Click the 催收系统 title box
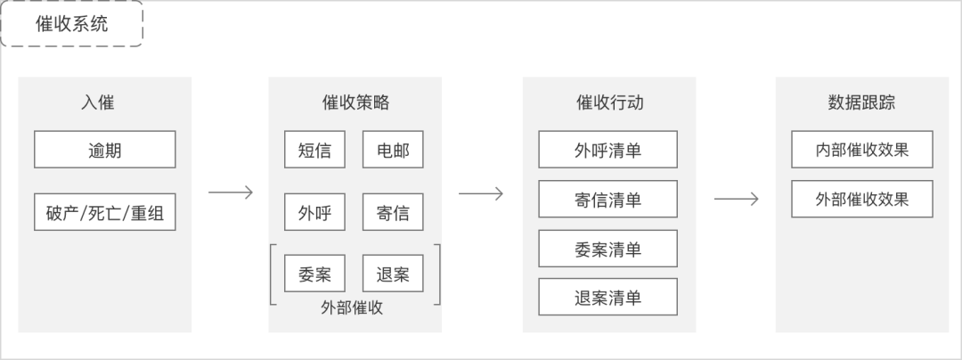click(72, 24)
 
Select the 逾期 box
click(104, 150)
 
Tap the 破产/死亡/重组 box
click(104, 212)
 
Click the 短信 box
click(314, 150)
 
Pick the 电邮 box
click(393, 150)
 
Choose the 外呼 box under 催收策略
click(314, 212)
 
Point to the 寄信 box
click(393, 212)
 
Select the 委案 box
click(314, 274)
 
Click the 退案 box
click(393, 274)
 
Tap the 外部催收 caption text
click(352, 307)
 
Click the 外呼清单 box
click(607, 150)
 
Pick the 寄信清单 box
click(607, 200)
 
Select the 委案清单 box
click(607, 249)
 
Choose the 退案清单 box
click(607, 297)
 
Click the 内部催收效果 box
click(862, 150)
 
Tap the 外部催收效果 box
click(862, 200)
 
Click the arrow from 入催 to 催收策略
click(231, 192)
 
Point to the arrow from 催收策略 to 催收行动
click(481, 193)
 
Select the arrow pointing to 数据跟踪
click(736, 200)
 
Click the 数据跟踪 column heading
click(861, 102)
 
